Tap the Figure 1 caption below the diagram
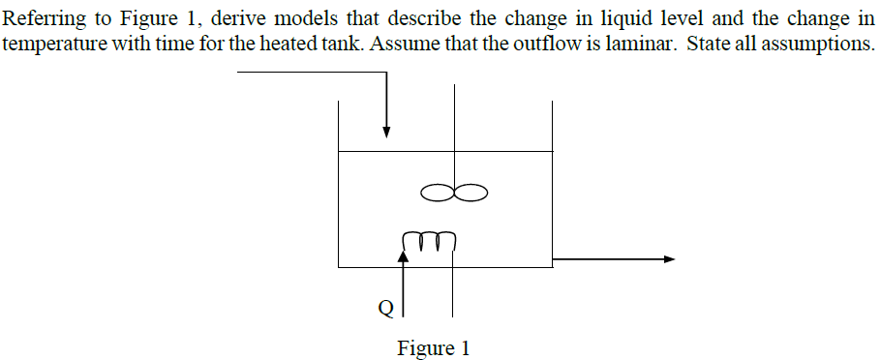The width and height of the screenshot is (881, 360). click(433, 347)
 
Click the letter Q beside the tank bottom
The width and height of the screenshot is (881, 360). click(385, 309)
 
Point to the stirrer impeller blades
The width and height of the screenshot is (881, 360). click(454, 194)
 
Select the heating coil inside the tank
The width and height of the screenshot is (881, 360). click(427, 238)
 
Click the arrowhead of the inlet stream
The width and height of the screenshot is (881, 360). click(386, 132)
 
